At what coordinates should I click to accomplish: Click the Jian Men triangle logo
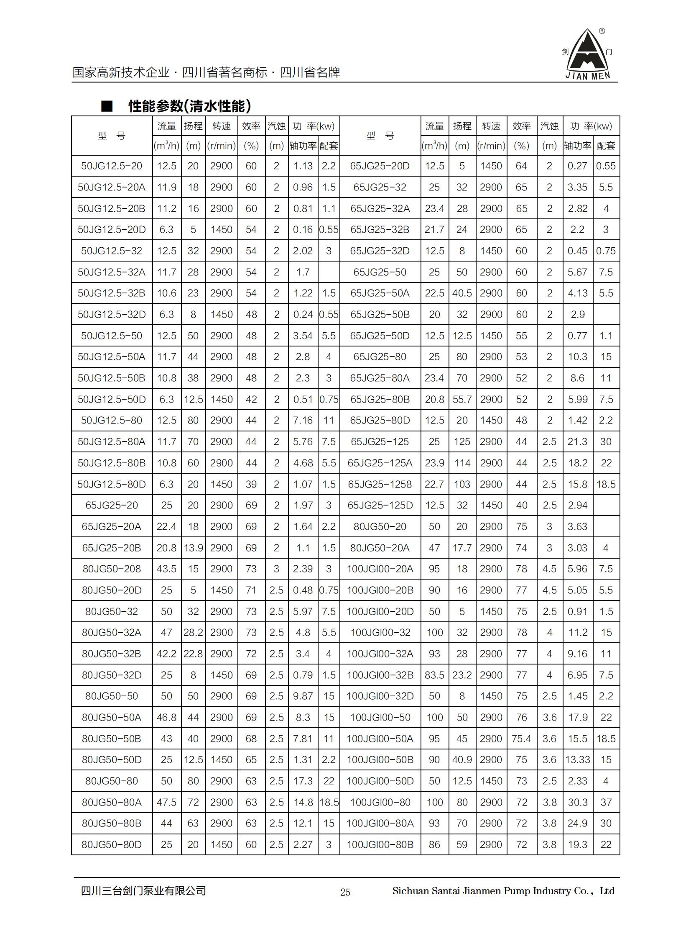(587, 54)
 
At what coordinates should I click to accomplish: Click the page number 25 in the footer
(345, 892)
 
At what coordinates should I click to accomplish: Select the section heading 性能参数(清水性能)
(189, 106)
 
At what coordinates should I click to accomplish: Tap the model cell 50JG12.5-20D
(112, 229)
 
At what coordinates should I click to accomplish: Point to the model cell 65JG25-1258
(380, 485)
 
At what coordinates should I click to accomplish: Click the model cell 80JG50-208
(112, 569)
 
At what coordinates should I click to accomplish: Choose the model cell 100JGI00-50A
(380, 739)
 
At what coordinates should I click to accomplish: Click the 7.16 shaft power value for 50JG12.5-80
(303, 420)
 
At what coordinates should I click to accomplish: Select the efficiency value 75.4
(521, 739)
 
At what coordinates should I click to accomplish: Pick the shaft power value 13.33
(578, 760)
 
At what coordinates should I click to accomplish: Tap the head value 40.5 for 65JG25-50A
(462, 293)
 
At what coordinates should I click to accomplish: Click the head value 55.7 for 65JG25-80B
(462, 399)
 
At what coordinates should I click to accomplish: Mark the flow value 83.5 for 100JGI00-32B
(434, 675)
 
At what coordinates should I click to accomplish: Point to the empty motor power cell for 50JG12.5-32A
(329, 272)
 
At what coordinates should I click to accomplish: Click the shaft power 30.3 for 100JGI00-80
(578, 803)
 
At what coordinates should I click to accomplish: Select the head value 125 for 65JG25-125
(462, 441)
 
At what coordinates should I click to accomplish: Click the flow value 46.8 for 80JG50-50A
(166, 718)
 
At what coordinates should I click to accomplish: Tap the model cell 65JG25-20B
(112, 548)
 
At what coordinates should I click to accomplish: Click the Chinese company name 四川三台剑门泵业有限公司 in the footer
(143, 891)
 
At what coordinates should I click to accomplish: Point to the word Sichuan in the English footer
(411, 891)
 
